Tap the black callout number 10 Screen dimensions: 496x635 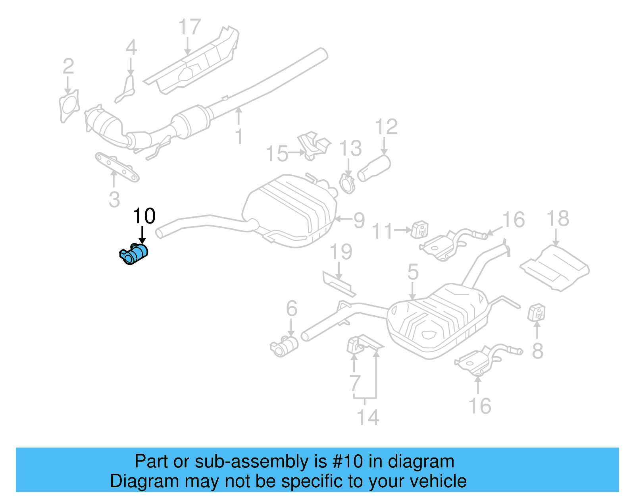click(144, 216)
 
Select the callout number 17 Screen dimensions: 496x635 click(189, 27)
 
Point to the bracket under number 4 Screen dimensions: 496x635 click(127, 90)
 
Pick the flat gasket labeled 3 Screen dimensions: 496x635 click(117, 167)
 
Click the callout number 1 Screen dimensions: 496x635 click(239, 137)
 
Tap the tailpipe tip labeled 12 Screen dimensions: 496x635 click(374, 169)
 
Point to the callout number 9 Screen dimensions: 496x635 click(359, 220)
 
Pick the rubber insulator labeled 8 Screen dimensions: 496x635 click(537, 312)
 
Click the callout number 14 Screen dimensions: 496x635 click(368, 417)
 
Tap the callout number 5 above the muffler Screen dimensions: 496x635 click(413, 272)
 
